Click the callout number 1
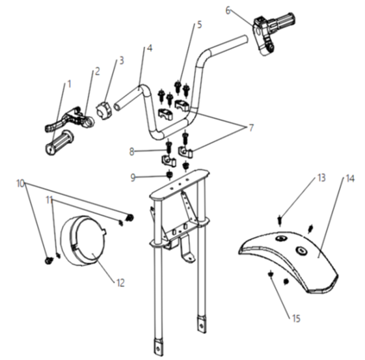(69, 84)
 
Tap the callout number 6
(228, 10)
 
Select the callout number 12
(120, 283)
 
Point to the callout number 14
(350, 179)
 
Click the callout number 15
(296, 318)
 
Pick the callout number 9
(133, 178)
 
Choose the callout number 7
(251, 128)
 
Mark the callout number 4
(150, 48)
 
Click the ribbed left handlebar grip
(60, 143)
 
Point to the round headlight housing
(84, 240)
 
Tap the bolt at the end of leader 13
(280, 220)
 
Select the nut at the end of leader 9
(169, 175)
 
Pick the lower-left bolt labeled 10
(49, 260)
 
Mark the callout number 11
(49, 200)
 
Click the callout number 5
(199, 25)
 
